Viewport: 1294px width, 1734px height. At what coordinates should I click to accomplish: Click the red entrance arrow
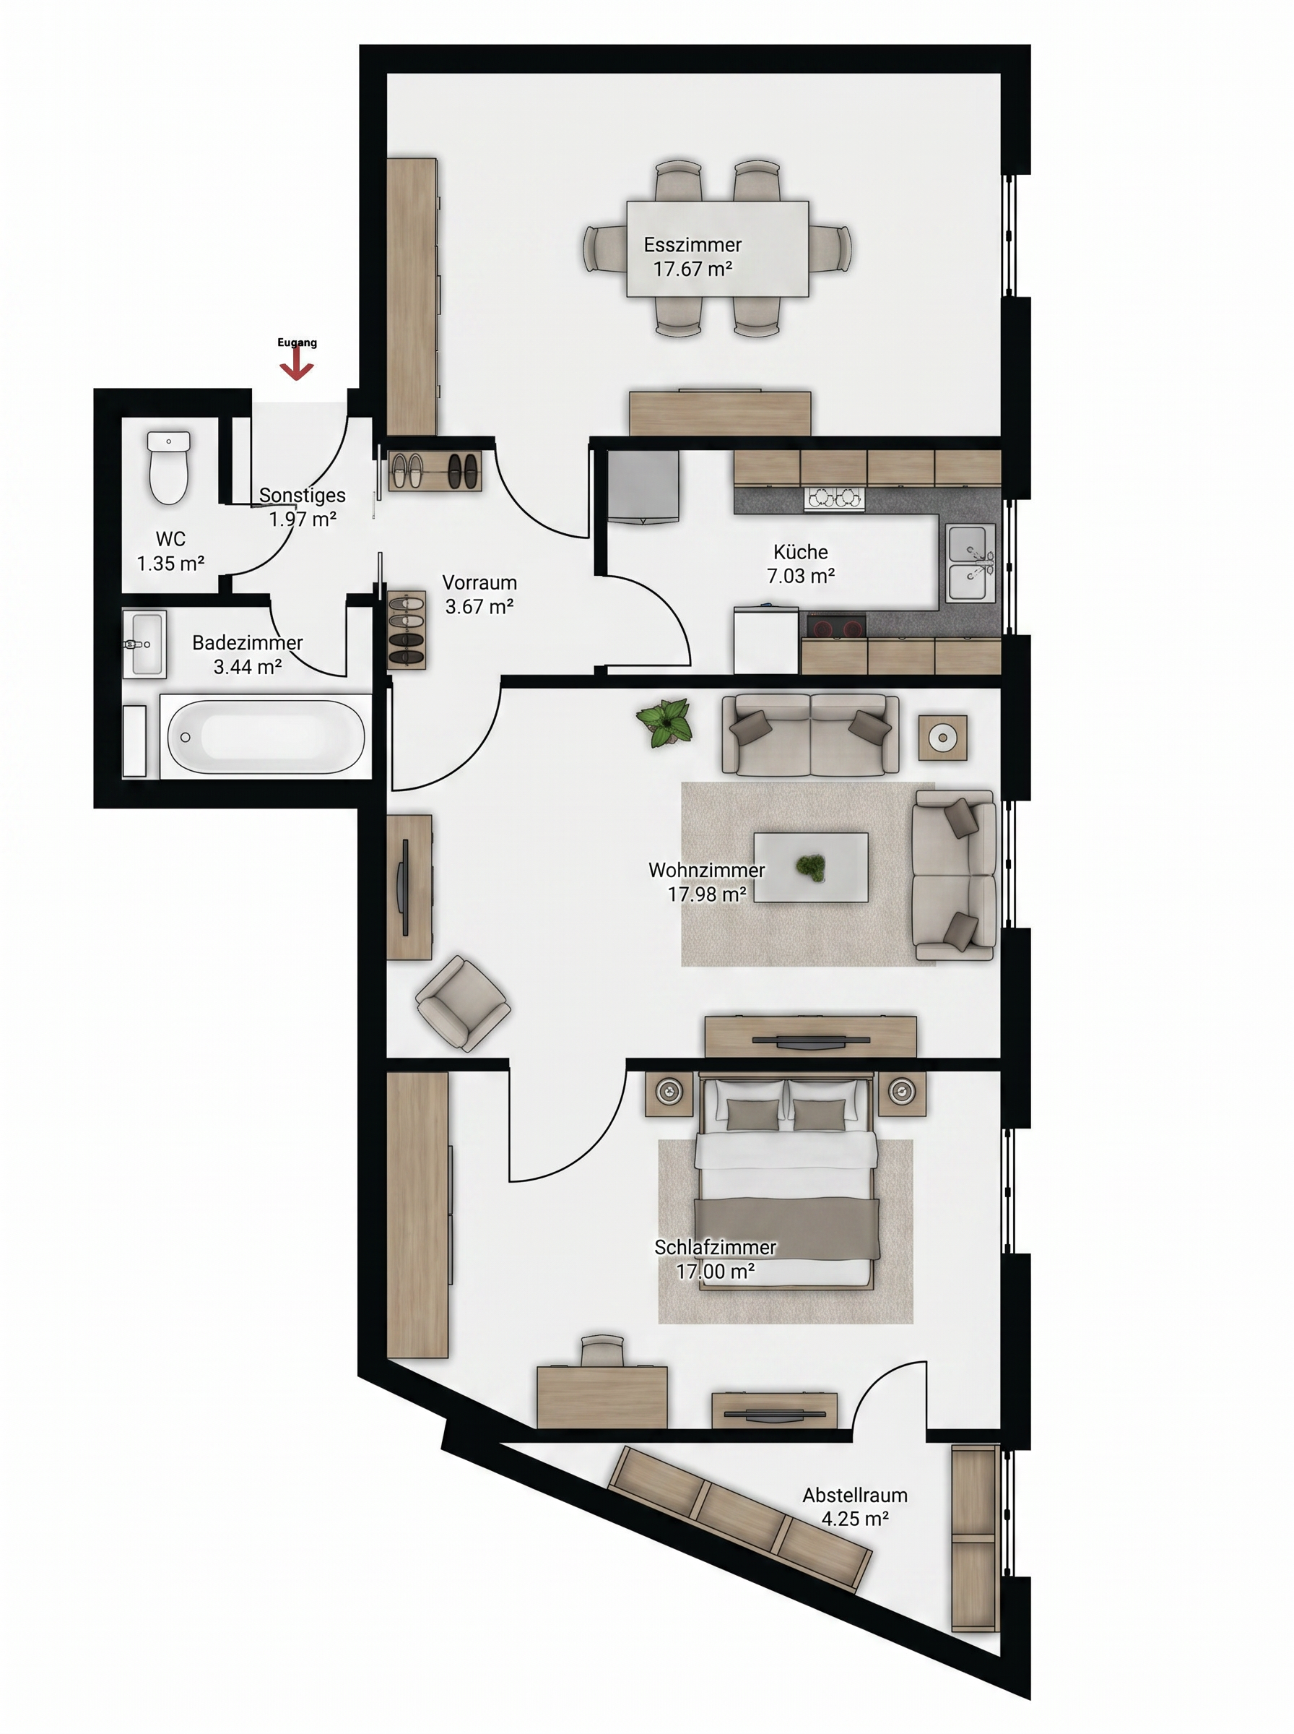[x=297, y=364]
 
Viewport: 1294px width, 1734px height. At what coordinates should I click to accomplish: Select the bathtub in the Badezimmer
[x=266, y=736]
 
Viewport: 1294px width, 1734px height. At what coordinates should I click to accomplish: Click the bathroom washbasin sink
[x=145, y=644]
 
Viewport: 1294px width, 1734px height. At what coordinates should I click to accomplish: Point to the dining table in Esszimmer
[x=718, y=249]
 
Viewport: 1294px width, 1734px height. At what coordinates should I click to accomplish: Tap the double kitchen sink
[x=971, y=564]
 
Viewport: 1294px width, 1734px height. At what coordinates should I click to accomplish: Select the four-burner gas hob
[x=834, y=499]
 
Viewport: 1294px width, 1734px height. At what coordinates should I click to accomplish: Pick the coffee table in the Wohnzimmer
[x=811, y=866]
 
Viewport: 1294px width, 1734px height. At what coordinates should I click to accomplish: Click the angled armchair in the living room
[x=463, y=1003]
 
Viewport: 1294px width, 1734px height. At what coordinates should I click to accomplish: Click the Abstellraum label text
[x=854, y=1495]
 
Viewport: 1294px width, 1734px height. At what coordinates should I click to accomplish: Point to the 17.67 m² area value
[x=693, y=269]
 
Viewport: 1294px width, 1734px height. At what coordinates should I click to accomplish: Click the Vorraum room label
[x=479, y=583]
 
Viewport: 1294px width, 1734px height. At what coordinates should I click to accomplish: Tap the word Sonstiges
[x=303, y=495]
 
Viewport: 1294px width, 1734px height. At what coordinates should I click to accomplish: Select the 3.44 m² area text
[x=248, y=667]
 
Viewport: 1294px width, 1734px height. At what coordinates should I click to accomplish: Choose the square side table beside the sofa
[x=943, y=738]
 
